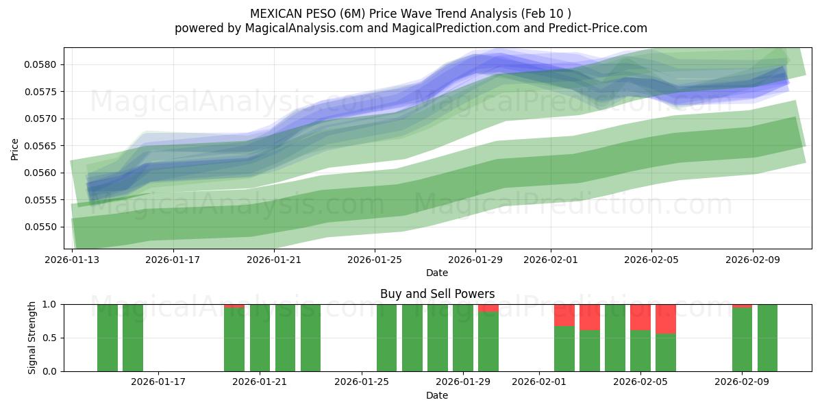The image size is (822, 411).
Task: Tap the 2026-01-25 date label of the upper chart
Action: click(x=374, y=260)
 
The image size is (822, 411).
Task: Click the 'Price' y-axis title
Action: click(x=15, y=149)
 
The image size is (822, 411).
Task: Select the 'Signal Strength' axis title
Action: click(x=32, y=338)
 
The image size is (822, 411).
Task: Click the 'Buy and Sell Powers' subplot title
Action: click(x=437, y=294)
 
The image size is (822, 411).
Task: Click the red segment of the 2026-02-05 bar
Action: click(x=640, y=316)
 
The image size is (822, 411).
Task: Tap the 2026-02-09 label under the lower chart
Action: click(x=743, y=382)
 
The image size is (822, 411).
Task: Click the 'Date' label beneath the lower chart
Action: click(x=437, y=395)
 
